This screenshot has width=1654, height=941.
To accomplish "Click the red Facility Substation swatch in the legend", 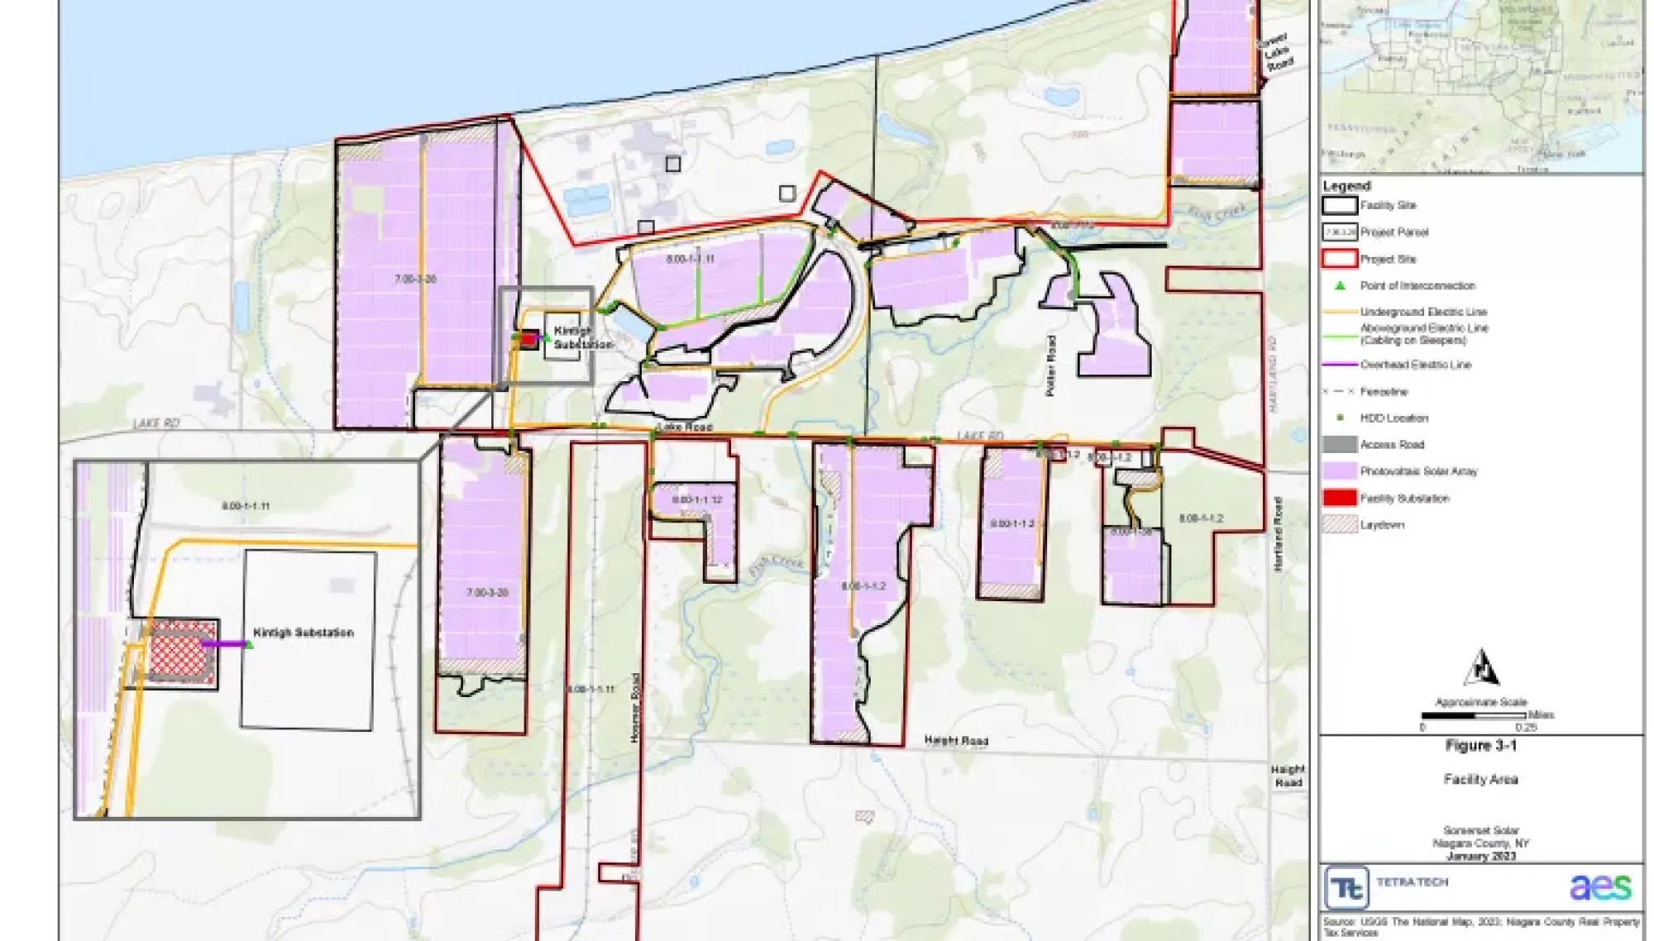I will (1340, 498).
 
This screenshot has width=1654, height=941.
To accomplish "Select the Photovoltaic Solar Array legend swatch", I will (1340, 471).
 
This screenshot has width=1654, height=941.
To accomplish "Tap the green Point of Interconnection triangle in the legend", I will (1340, 285).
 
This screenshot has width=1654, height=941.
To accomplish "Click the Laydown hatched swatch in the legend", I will (1340, 524).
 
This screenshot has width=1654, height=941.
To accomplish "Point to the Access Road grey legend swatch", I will (1340, 445).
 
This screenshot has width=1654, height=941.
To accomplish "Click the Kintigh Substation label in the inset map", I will (303, 633).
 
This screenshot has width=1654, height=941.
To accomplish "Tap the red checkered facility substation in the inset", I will (182, 652).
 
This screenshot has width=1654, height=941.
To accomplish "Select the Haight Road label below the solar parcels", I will (956, 741).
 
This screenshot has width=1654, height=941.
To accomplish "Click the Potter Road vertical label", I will (1051, 365).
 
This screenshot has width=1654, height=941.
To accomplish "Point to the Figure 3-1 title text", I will (1480, 746).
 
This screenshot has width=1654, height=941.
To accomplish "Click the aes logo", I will (1600, 887).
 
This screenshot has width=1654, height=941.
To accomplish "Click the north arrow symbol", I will (1481, 668).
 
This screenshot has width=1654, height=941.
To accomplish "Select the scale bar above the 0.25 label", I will (1474, 715).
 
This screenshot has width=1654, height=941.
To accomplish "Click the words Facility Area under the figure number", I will (1480, 779).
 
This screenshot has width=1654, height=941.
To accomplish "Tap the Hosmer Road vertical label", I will (635, 707).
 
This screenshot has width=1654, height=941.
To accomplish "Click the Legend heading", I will (1346, 186).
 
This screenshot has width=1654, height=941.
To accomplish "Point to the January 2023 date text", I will (1480, 857).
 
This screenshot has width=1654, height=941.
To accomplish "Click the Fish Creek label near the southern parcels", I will (776, 565).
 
